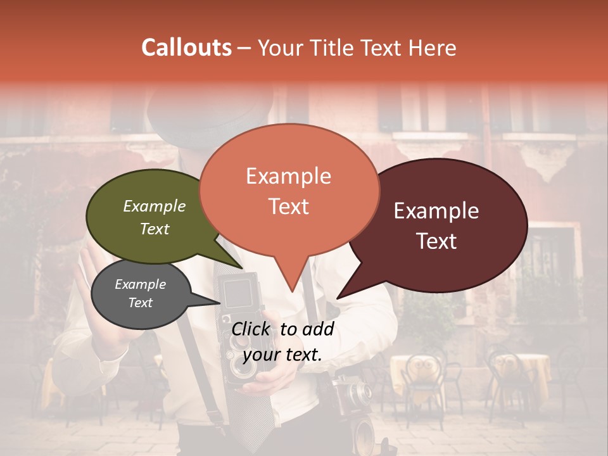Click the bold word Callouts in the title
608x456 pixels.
tap(186, 47)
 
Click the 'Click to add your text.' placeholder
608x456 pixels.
tap(282, 341)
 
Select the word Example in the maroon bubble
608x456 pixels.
tap(436, 211)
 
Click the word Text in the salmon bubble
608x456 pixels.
tap(289, 206)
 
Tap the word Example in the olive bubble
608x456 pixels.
tap(155, 206)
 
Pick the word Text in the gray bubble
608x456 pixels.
tap(141, 303)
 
